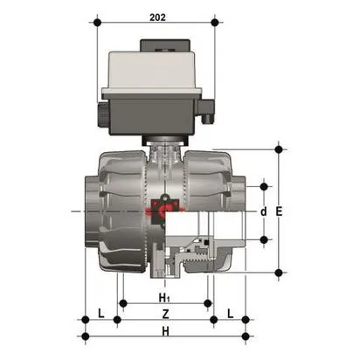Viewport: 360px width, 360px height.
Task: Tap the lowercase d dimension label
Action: (x=263, y=211)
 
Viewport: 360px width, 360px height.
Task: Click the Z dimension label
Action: (x=166, y=312)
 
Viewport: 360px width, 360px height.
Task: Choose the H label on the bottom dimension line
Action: (x=166, y=331)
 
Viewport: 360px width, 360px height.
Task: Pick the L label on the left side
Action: (x=101, y=312)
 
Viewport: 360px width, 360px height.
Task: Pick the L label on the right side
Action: (x=229, y=312)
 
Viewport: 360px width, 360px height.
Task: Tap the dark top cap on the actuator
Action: (x=154, y=52)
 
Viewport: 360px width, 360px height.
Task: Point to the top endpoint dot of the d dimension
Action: (x=263, y=185)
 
